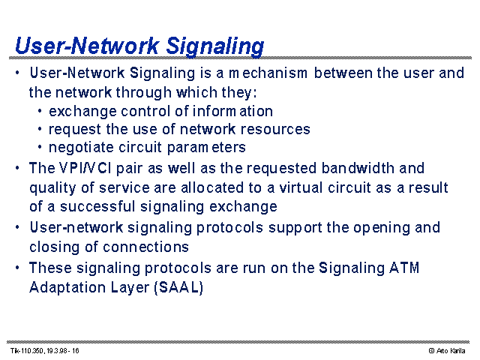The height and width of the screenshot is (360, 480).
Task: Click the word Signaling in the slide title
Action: (215, 46)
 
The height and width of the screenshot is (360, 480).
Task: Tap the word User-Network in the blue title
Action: (87, 46)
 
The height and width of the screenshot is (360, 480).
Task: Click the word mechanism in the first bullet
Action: (268, 73)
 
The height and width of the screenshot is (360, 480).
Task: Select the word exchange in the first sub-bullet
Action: (82, 112)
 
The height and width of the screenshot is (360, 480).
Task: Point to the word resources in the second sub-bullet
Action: (275, 130)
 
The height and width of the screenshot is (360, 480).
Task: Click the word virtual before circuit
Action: (301, 187)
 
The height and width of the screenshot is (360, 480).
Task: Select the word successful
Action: (97, 206)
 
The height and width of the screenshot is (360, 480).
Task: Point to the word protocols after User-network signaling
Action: (229, 228)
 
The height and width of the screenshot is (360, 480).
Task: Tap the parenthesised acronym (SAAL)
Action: (178, 287)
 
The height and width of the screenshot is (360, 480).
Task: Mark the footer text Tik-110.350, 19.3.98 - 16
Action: (45, 350)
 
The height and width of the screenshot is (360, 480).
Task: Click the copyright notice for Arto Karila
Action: (447, 350)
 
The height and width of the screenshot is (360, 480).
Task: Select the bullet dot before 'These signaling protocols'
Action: (17, 268)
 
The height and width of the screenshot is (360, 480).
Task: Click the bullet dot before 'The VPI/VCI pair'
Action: (17, 168)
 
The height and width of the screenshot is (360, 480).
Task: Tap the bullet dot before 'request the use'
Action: (40, 129)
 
